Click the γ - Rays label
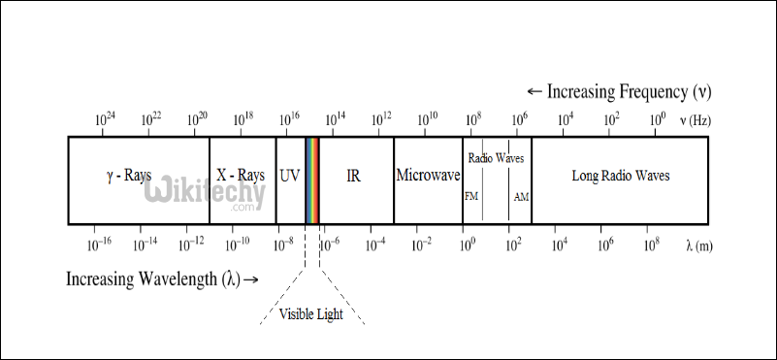click(x=129, y=176)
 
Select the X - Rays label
click(x=241, y=176)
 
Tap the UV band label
click(x=290, y=176)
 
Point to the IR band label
click(x=354, y=176)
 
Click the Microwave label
click(x=427, y=176)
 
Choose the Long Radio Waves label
click(x=621, y=176)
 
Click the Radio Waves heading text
click(x=497, y=157)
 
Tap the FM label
click(x=471, y=196)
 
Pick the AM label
click(x=521, y=196)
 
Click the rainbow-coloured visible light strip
click(x=312, y=180)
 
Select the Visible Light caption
click(x=310, y=313)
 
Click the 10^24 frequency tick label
click(x=105, y=119)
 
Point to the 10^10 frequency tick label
click(x=427, y=119)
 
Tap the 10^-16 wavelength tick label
click(x=98, y=243)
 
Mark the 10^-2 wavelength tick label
click(x=420, y=243)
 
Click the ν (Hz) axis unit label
click(x=696, y=120)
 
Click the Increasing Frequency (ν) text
click(x=619, y=92)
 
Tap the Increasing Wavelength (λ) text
click(x=162, y=279)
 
